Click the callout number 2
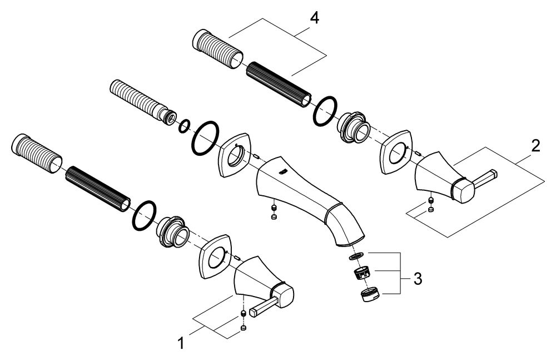[x=534, y=146]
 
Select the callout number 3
[x=419, y=277]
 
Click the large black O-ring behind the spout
[x=205, y=139]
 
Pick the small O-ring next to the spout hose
[x=184, y=126]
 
